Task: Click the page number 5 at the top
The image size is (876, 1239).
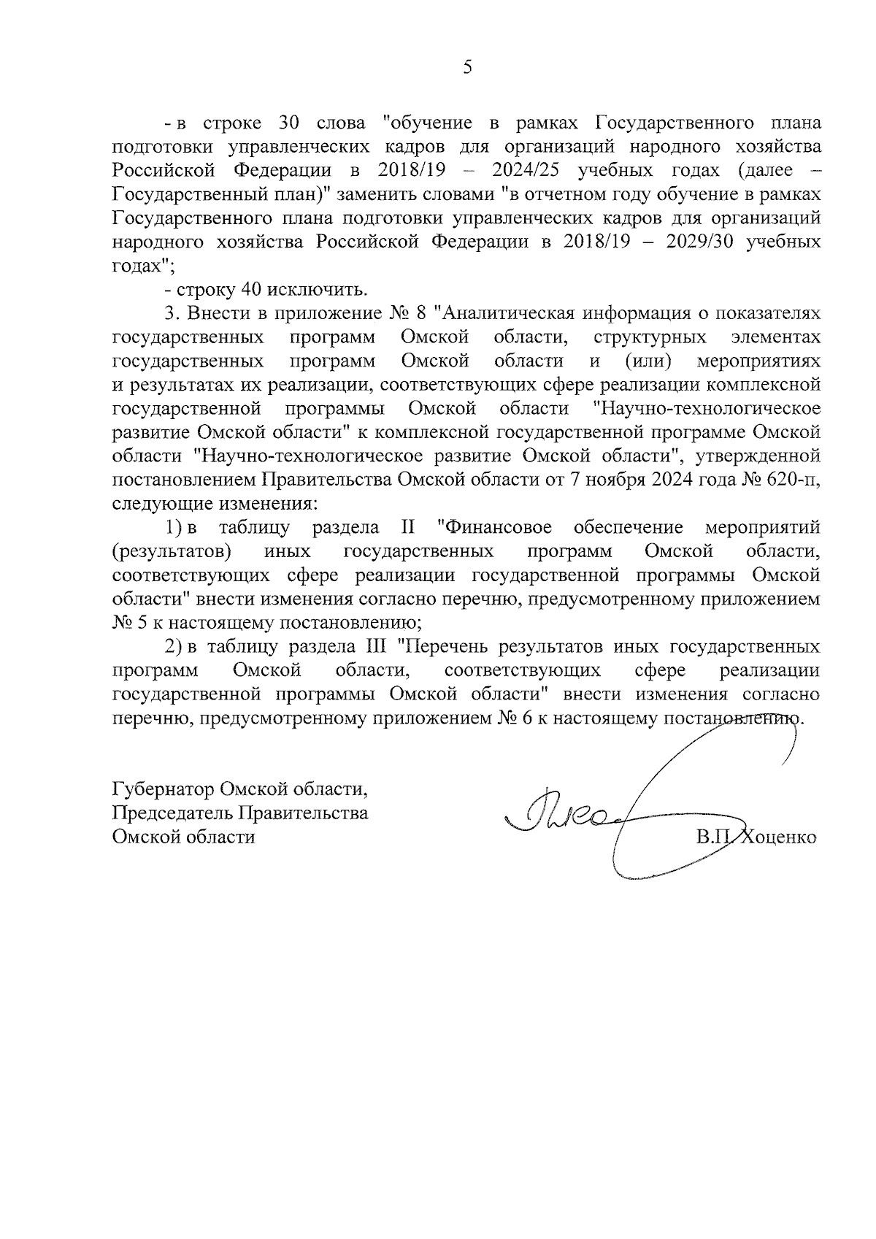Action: (x=468, y=67)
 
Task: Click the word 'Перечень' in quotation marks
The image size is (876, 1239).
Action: (x=442, y=647)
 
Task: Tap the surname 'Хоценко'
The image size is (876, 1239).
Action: (x=780, y=837)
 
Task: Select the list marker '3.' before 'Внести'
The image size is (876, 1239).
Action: (x=172, y=313)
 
